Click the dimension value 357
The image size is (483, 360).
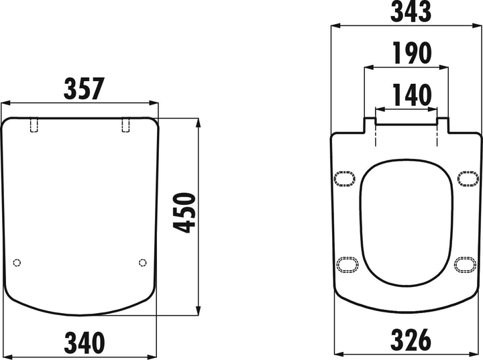click(84, 88)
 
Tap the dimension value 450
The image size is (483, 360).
click(184, 213)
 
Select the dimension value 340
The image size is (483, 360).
click(85, 343)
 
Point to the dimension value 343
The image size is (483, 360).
click(411, 11)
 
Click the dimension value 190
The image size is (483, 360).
click(412, 53)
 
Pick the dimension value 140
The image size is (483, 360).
click(412, 95)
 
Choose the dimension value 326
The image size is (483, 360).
click(411, 340)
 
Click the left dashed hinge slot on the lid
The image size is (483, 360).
click(34, 125)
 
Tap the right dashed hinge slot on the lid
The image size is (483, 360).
click(125, 125)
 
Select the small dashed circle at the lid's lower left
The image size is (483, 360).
click(17, 263)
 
